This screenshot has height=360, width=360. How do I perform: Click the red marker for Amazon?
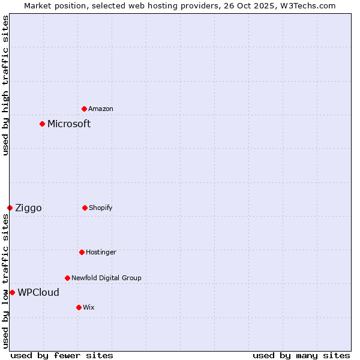85,109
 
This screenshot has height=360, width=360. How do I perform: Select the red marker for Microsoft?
43,124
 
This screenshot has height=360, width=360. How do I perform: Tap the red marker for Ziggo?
10,208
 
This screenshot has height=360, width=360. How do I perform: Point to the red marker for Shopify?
85,208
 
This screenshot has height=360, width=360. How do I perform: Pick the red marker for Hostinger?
82,252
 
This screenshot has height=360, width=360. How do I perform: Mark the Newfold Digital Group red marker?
68,278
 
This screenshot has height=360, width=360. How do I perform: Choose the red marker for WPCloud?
13,292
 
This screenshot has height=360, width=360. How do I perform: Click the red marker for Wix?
79,307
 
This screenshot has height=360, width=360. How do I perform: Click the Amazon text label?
101,109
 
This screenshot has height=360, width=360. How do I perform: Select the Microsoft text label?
69,124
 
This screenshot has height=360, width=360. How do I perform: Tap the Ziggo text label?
28,208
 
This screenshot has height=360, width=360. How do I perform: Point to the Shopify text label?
101,208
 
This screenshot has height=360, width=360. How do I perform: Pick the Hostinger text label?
101,252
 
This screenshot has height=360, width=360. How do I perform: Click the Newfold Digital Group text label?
106,278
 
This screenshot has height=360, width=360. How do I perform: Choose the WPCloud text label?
38,293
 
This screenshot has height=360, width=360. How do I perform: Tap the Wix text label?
89,307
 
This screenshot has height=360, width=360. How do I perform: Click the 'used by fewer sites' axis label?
62,355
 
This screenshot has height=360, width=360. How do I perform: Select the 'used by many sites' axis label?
301,355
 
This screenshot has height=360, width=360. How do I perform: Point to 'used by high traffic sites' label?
6,85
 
